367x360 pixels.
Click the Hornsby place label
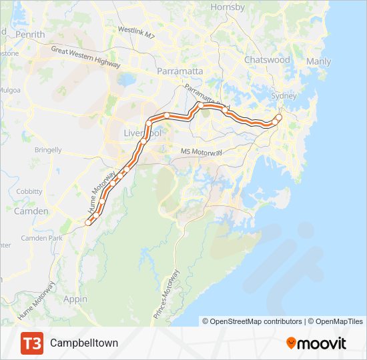[228, 7]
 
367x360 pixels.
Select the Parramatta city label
[179, 71]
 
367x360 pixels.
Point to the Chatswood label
[267, 60]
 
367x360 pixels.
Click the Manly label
[318, 62]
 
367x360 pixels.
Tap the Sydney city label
[284, 96]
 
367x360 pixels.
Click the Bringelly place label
[48, 150]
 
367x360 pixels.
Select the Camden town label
[31, 211]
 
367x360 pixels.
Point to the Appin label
[75, 299]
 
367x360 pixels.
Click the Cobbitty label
[29, 191]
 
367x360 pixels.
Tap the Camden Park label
[41, 238]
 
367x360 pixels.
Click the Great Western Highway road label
[85, 57]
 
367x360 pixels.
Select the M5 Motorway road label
[201, 152]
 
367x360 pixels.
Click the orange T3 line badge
[31, 343]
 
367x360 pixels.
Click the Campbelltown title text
[84, 343]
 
